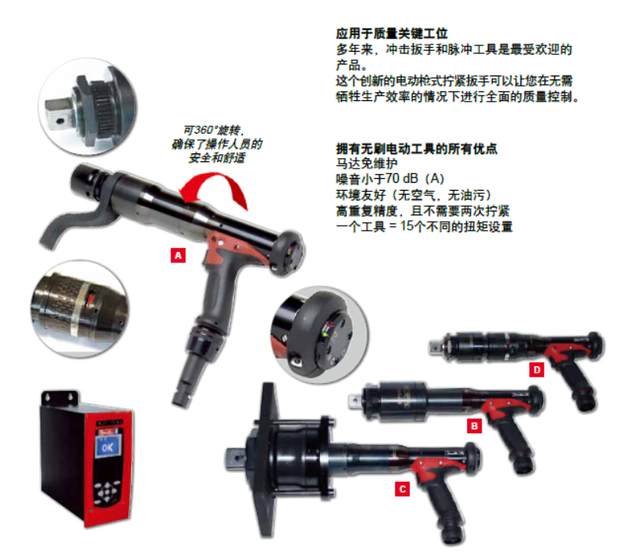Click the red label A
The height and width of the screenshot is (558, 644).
[x=178, y=255]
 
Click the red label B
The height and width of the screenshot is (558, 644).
[x=474, y=426]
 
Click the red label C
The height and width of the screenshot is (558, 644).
[x=402, y=489]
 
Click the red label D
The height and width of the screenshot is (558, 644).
[x=537, y=370]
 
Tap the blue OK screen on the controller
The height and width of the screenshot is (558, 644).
[x=108, y=447]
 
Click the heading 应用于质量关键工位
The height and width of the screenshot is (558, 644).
[x=392, y=33]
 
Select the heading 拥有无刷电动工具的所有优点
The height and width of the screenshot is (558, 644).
[x=416, y=149]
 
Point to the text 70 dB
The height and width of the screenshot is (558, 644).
[x=402, y=179]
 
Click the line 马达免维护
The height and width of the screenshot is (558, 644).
[x=367, y=164]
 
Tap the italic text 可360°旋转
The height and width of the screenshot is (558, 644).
[x=213, y=130]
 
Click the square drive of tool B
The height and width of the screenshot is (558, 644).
[x=353, y=400]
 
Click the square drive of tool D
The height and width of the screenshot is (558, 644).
[x=435, y=347]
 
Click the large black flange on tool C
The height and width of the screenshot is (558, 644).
[x=267, y=460]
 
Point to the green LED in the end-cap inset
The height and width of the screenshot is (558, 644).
[x=326, y=334]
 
